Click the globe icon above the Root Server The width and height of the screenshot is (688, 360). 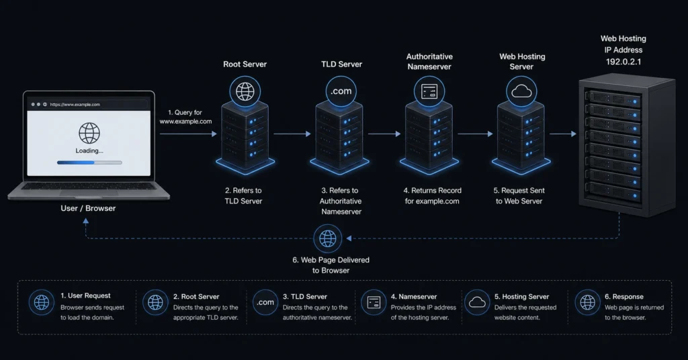[x=245, y=91]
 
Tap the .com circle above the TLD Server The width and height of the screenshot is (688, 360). [x=341, y=91]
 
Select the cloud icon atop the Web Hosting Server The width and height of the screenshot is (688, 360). [x=521, y=91]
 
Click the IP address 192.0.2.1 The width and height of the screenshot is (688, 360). [x=623, y=62]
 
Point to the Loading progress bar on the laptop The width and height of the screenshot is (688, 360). [x=89, y=163]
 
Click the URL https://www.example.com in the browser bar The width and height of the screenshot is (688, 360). [x=75, y=104]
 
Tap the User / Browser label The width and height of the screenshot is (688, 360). [x=88, y=208]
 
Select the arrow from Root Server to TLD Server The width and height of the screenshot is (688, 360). [x=292, y=134]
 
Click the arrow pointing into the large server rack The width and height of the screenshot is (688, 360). [x=563, y=134]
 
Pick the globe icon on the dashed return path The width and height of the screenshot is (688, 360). [x=327, y=238]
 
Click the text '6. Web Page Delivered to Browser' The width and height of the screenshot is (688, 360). [x=331, y=265]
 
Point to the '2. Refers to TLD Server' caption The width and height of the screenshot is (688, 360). [x=243, y=195]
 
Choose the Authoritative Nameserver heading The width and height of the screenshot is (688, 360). [x=429, y=61]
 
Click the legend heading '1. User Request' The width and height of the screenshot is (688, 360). [x=85, y=296]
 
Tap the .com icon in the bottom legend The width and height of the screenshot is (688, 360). [x=265, y=302]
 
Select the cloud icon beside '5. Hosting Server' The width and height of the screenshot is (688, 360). [x=477, y=302]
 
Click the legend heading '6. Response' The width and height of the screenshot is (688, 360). [x=624, y=296]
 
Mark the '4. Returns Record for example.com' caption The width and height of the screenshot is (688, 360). [x=432, y=195]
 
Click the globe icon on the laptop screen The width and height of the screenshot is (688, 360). [x=89, y=133]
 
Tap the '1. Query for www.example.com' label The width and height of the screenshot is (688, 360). [x=185, y=117]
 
